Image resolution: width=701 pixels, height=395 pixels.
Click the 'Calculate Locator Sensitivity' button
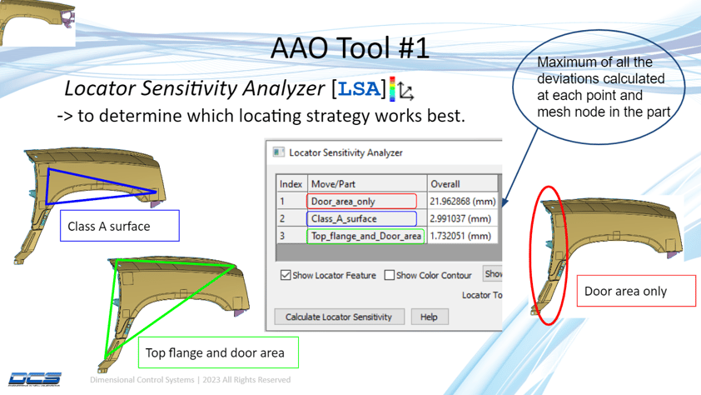point(339,317)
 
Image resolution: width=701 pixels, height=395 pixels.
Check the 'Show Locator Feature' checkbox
point(286,275)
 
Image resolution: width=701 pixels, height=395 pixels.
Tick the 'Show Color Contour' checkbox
point(390,275)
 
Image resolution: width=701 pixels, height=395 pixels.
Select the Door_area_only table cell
point(363,201)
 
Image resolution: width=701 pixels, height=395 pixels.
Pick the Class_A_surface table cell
point(363,218)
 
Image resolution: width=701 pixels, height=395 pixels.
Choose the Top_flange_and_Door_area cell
point(366,236)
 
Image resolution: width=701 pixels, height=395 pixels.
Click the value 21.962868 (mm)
point(462,201)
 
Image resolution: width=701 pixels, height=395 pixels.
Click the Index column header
point(291,183)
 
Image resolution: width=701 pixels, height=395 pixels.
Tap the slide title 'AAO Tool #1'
point(350,47)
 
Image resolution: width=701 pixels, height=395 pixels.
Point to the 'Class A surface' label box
point(120,226)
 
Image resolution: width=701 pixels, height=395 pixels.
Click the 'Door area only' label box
point(635,291)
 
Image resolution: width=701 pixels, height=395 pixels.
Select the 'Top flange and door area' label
point(215,352)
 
